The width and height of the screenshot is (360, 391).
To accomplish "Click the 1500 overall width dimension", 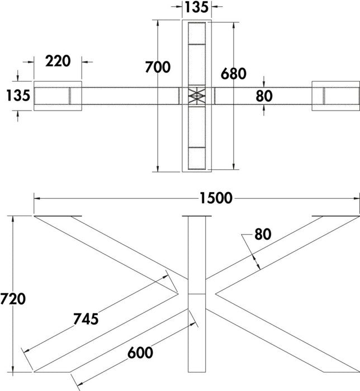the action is tap(216, 198).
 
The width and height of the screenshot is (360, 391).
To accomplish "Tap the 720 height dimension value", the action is tap(13, 299).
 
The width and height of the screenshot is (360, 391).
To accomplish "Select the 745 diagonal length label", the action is tap(86, 319).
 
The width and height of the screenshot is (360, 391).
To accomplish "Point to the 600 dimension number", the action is tap(140, 352).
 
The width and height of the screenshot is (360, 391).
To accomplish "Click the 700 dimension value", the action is tap(158, 67).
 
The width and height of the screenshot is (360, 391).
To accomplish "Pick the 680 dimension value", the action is tap(234, 74).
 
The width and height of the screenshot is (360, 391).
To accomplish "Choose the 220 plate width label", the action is tap(58, 61).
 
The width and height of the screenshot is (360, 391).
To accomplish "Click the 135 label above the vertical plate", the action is tap(196, 7).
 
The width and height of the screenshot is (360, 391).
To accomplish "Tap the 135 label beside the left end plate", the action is tap(18, 96).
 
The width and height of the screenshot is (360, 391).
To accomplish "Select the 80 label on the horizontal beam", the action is tap(264, 96).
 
